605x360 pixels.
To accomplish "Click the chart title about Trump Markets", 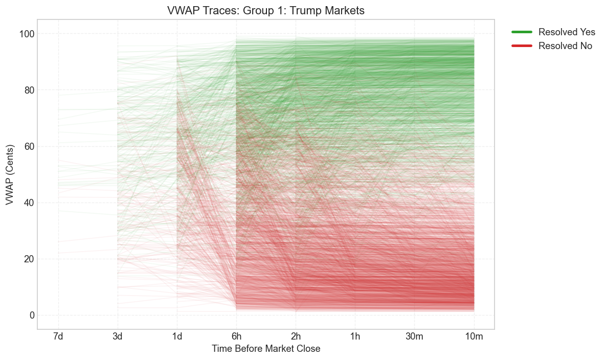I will tap(265, 11).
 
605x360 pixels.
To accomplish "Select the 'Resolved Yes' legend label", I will tap(567, 32).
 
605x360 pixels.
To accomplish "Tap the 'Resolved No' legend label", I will tap(565, 46).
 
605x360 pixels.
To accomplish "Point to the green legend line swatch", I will tap(522, 32).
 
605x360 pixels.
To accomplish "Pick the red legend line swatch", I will tap(522, 46).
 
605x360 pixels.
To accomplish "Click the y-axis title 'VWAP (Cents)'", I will tap(10, 174).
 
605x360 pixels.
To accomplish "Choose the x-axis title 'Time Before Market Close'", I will tap(266, 349).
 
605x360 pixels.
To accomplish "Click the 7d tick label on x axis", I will tap(58, 337).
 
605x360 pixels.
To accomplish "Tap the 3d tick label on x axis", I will tap(118, 337).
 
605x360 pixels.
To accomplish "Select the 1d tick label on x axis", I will tap(177, 337).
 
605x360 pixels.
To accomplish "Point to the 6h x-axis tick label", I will tap(236, 337).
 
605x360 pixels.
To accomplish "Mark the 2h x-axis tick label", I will tap(296, 337).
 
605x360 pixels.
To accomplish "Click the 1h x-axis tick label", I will tap(355, 337).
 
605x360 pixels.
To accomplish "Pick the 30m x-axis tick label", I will tap(414, 337).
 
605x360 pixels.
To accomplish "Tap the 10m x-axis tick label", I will tap(474, 337).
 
